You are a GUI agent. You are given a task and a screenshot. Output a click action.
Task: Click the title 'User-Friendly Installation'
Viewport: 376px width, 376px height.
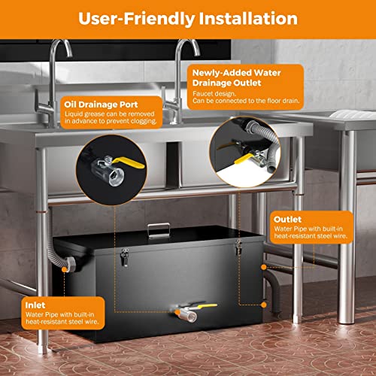coord(188,17)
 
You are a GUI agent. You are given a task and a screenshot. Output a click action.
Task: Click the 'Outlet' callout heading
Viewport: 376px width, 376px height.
coord(287,219)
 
